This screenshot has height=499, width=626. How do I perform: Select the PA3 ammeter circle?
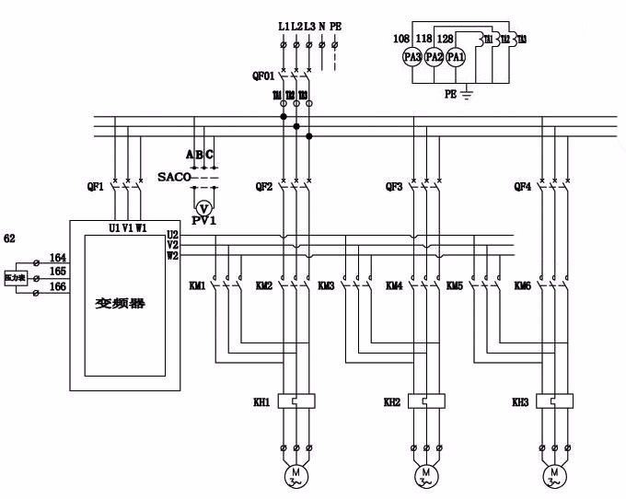click(412, 56)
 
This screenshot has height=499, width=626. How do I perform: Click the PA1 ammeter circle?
click(456, 56)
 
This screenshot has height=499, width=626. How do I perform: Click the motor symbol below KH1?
click(296, 475)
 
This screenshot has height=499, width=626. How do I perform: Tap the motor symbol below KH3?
click(554, 475)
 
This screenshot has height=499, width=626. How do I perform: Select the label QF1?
click(95, 186)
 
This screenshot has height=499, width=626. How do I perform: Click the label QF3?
click(394, 186)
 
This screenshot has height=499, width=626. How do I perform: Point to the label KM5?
click(454, 286)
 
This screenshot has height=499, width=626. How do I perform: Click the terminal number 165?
click(57, 273)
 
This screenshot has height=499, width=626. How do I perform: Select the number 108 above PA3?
click(400, 38)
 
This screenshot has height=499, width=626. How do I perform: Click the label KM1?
click(196, 286)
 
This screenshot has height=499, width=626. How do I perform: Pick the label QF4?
click(522, 186)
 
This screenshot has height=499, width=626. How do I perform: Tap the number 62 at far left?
click(10, 238)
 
